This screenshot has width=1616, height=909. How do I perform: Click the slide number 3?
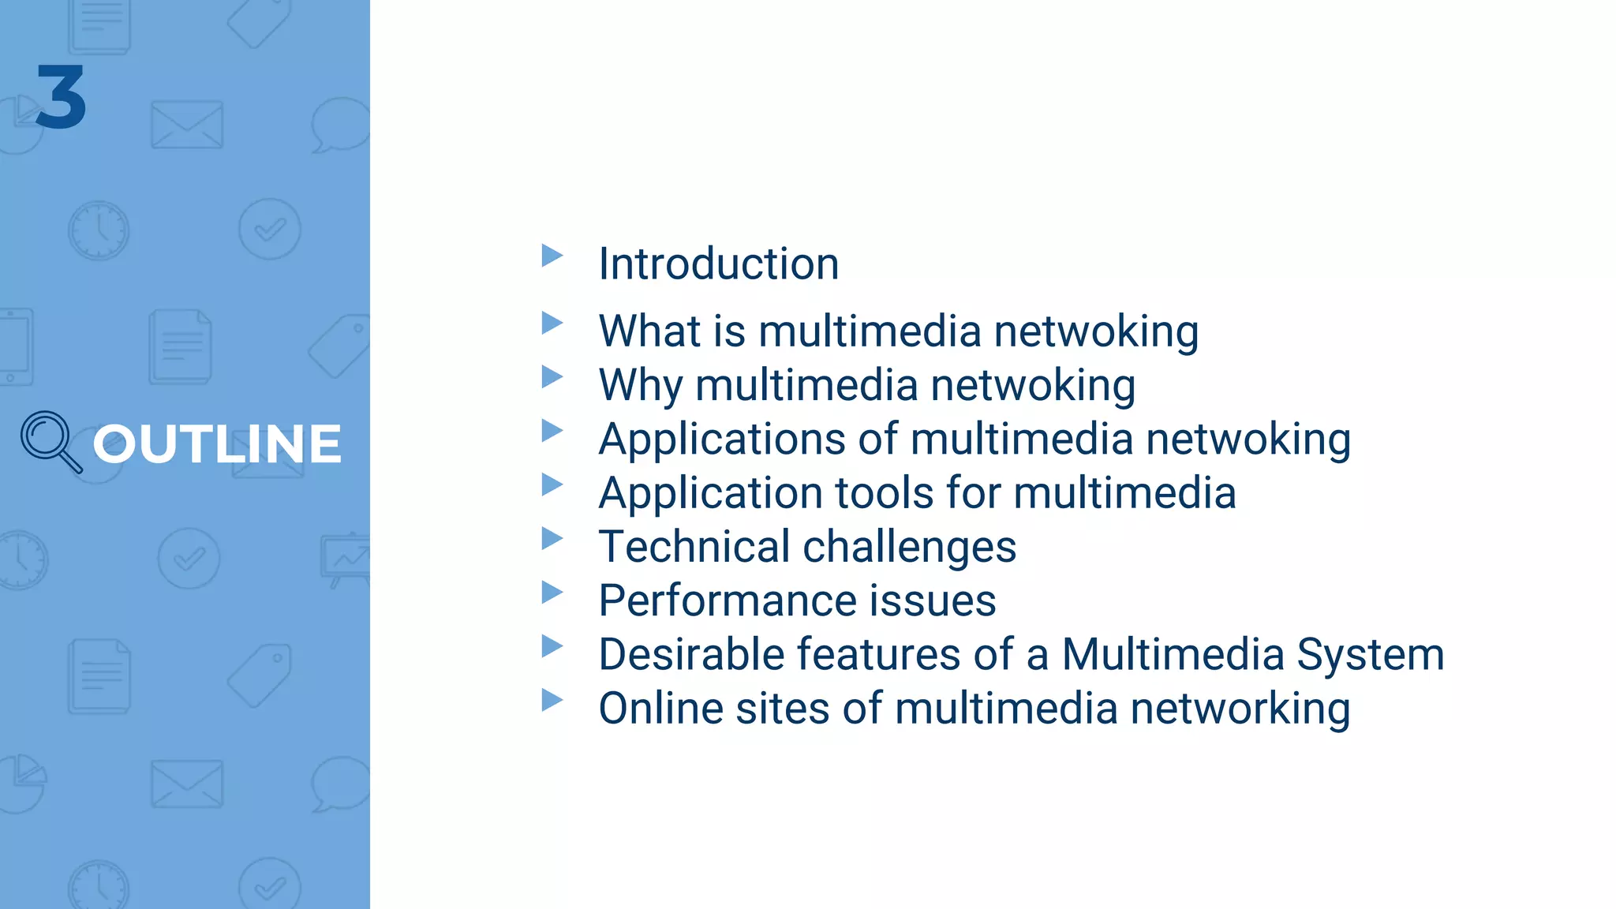click(x=61, y=97)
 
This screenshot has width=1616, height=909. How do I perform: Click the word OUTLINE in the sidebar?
click(x=217, y=443)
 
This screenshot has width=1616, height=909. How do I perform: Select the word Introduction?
click(x=718, y=264)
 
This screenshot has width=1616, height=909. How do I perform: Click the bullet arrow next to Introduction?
click(x=552, y=256)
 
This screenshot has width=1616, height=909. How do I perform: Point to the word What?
click(x=649, y=331)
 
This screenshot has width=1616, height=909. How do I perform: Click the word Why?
click(x=641, y=386)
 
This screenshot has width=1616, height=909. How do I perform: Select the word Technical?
click(x=694, y=547)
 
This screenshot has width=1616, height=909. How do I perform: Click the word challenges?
click(x=909, y=548)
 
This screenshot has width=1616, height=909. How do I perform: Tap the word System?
click(x=1370, y=655)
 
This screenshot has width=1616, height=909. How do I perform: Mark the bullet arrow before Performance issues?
click(x=552, y=593)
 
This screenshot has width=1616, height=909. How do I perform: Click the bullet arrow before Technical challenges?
click(x=552, y=539)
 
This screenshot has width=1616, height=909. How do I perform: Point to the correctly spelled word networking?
click(x=1240, y=709)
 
